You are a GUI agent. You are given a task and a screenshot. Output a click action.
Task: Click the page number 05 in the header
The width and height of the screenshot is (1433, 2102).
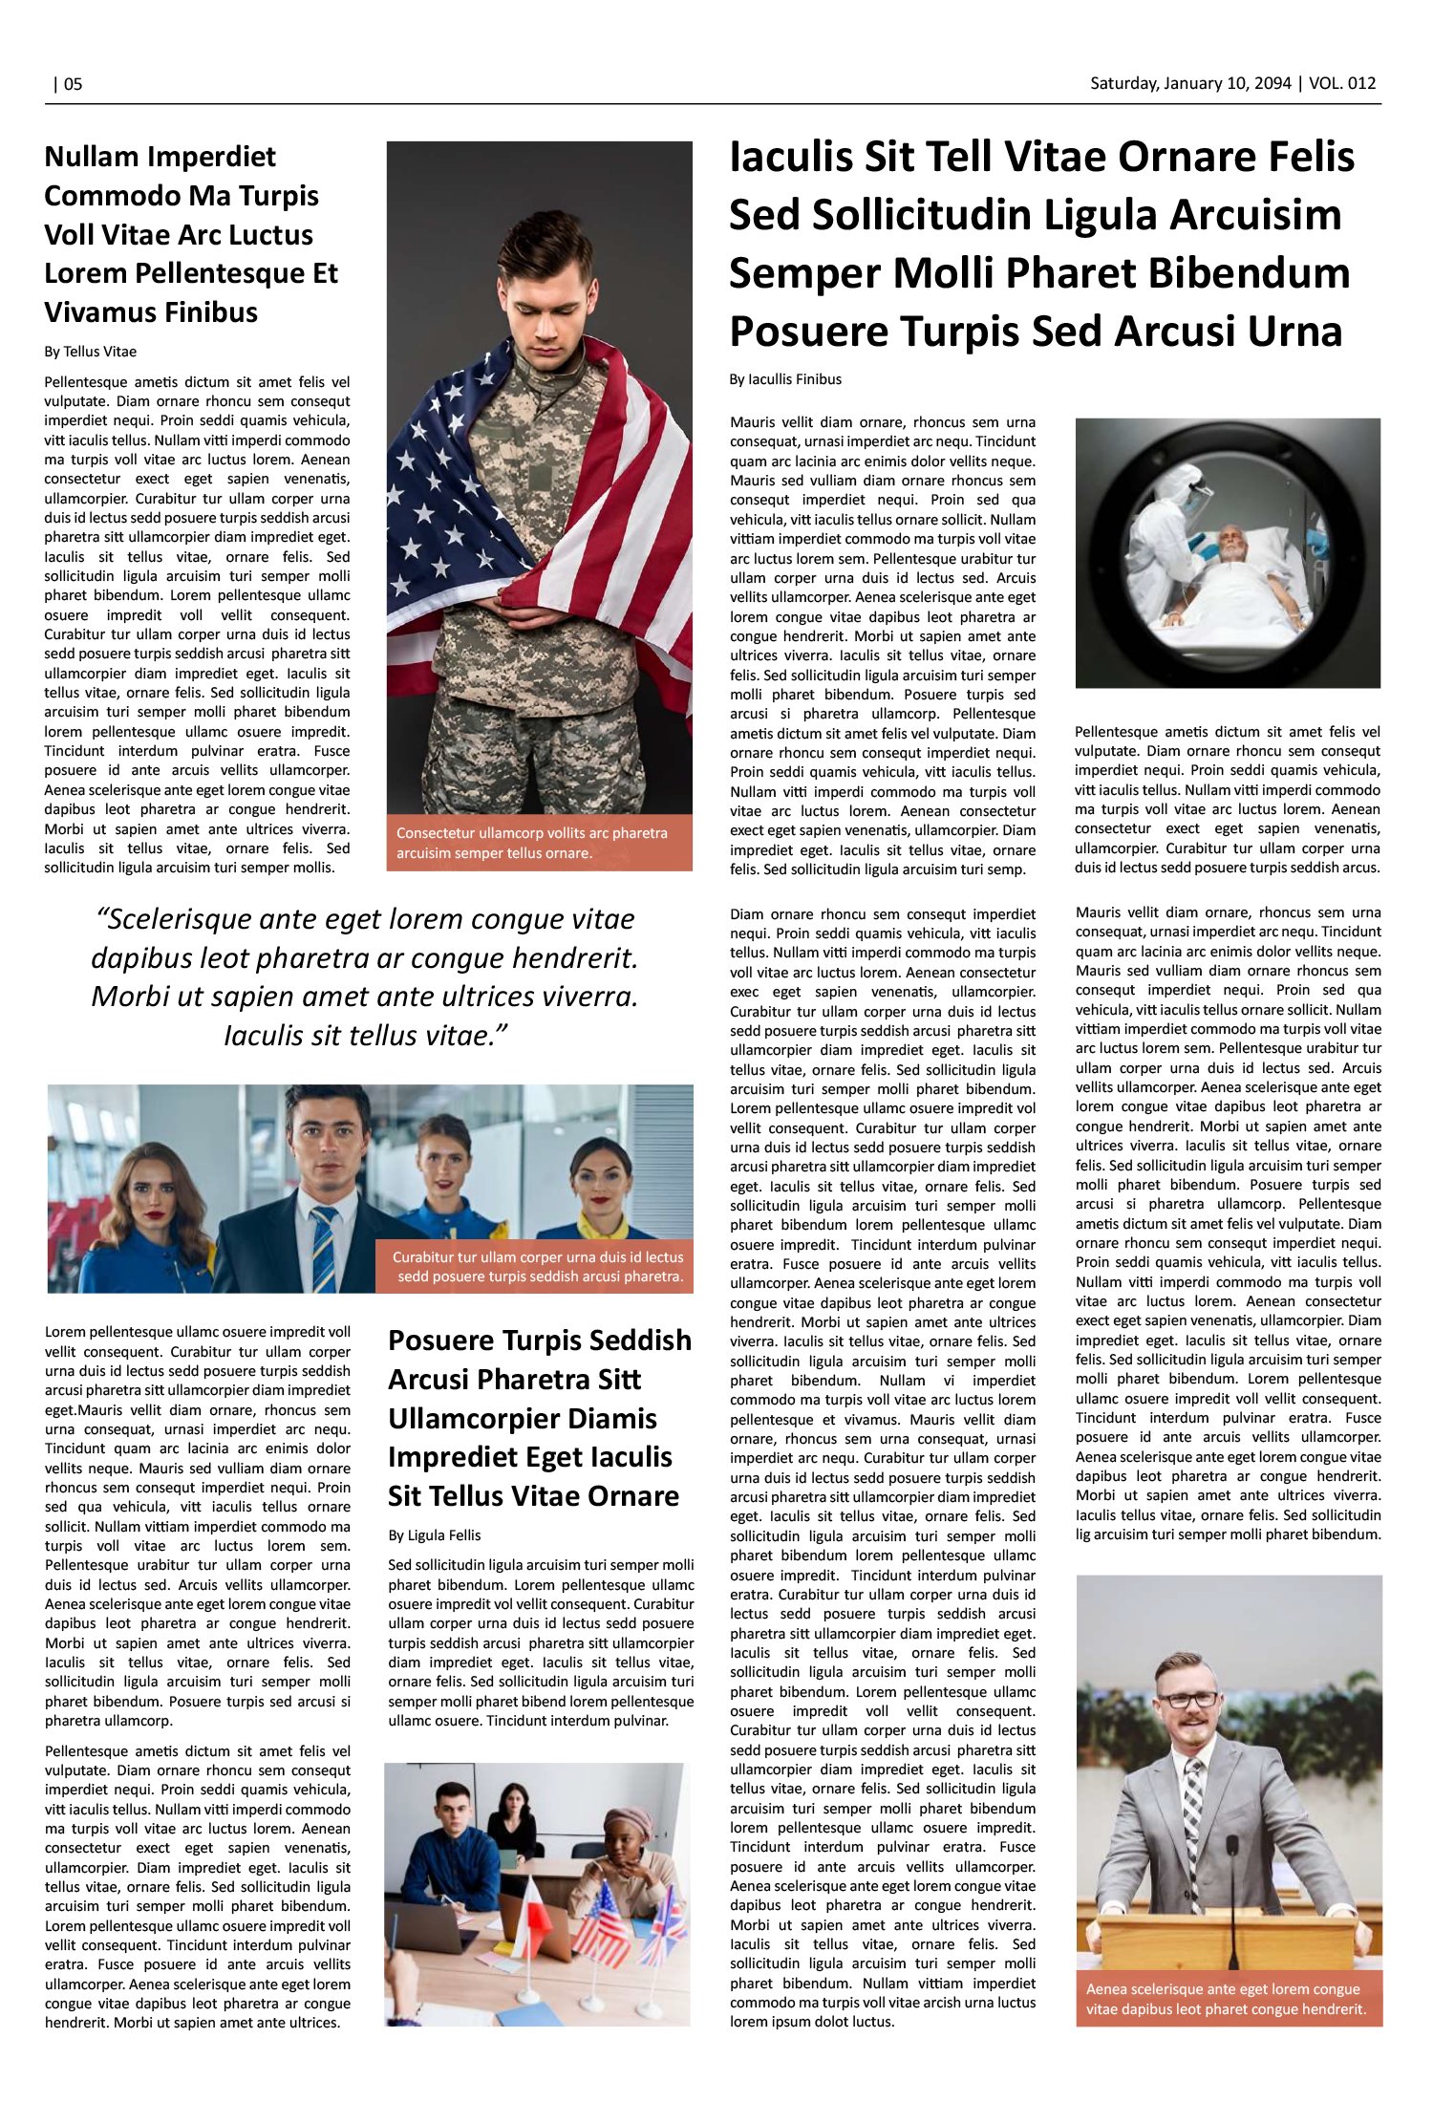pyautogui.click(x=73, y=84)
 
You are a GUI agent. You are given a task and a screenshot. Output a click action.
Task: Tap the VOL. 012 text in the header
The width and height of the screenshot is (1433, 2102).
pyautogui.click(x=1342, y=83)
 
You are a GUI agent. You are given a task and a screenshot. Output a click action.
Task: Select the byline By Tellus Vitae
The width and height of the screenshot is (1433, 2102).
pyautogui.click(x=90, y=352)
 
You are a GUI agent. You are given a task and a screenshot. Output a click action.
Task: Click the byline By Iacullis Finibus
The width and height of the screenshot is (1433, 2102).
pyautogui.click(x=785, y=379)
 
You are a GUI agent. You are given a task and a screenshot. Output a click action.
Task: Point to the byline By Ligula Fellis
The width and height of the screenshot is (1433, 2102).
pyautogui.click(x=434, y=1535)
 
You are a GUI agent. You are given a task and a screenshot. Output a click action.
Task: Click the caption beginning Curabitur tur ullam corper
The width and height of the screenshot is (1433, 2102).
pyautogui.click(x=538, y=1267)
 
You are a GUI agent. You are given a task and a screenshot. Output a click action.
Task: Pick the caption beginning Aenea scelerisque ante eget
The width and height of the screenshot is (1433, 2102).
pyautogui.click(x=1227, y=1999)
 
